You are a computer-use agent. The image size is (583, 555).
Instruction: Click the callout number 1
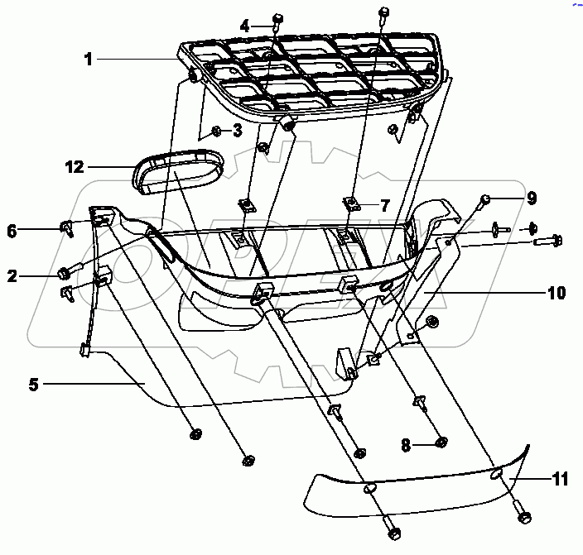tap(88, 59)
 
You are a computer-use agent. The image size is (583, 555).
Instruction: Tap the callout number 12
tap(75, 167)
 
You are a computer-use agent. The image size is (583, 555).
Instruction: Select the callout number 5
tap(33, 384)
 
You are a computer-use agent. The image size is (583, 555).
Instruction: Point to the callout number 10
tap(556, 293)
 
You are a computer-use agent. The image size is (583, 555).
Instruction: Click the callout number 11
tap(561, 479)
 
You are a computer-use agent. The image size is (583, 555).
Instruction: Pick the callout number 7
tap(385, 205)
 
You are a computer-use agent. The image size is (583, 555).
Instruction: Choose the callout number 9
tap(532, 198)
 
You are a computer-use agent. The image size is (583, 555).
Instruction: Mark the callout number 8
tap(406, 445)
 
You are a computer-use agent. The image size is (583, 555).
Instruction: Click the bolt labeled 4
tap(277, 22)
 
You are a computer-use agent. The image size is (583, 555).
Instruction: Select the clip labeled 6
tap(67, 227)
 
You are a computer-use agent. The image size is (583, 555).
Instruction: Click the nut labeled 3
tap(216, 131)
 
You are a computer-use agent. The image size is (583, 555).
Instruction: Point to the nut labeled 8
tap(441, 442)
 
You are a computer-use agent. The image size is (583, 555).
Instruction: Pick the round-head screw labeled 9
tap(485, 199)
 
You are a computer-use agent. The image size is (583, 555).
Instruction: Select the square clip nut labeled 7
tap(351, 203)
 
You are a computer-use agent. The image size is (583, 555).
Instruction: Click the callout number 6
tap(12, 231)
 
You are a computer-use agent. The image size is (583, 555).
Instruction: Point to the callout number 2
tap(12, 276)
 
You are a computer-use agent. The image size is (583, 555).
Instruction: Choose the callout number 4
tap(244, 26)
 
